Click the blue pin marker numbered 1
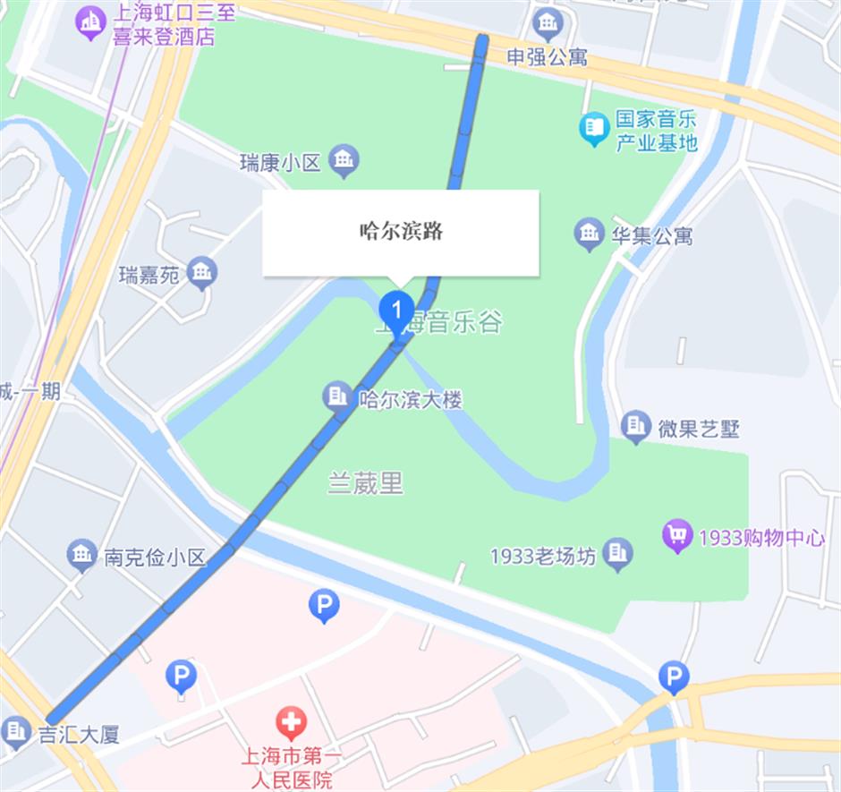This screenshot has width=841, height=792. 395,311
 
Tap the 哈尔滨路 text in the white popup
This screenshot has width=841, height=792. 401,232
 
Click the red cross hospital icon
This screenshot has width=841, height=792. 290,722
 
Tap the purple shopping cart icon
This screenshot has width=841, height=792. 677,536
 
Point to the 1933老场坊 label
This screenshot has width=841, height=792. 542,556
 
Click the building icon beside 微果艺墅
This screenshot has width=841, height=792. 635,427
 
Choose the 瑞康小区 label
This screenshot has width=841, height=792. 280,162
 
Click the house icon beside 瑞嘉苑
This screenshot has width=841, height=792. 203,272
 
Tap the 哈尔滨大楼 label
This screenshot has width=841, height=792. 409,399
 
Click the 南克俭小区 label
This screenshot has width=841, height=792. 155,558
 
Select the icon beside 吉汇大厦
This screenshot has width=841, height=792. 15,732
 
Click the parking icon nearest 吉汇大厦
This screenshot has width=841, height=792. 181,677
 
